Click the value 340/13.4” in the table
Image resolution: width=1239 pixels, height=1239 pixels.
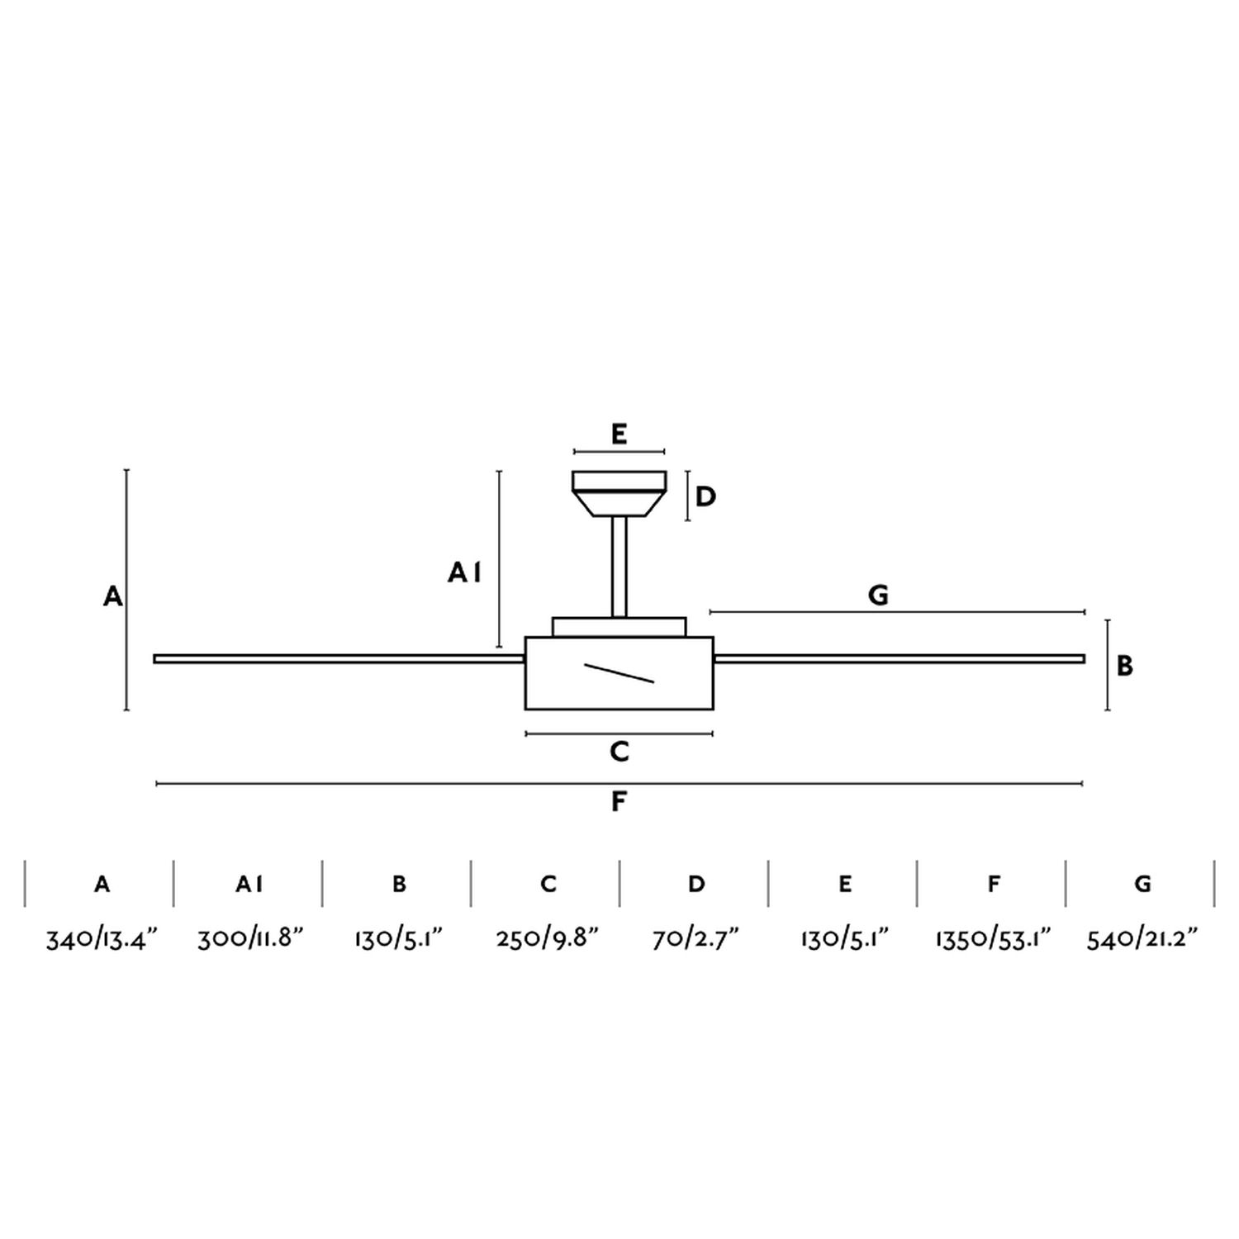(101, 939)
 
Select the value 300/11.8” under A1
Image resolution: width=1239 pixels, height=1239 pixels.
(250, 939)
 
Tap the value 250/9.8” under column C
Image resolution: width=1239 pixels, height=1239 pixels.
(547, 939)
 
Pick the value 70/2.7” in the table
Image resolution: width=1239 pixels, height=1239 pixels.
(695, 939)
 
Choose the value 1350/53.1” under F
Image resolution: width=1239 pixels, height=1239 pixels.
(993, 939)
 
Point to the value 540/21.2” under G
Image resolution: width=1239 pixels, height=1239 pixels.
(1142, 939)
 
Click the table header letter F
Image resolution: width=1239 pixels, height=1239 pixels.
(994, 884)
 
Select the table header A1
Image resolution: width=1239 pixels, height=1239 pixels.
(249, 884)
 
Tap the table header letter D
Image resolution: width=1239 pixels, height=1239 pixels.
(696, 884)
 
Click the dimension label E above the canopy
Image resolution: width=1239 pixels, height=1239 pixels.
(619, 434)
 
